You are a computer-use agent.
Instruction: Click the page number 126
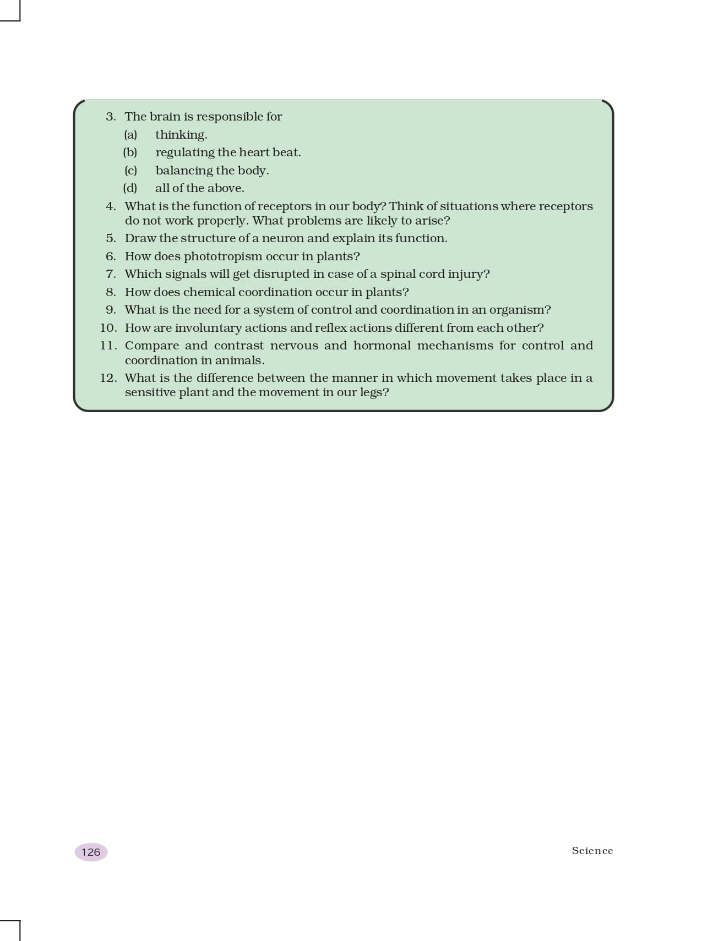click(x=91, y=852)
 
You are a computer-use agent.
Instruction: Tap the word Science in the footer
click(x=592, y=850)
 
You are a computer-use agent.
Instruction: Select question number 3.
click(x=111, y=117)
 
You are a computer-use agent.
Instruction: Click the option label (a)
click(x=130, y=135)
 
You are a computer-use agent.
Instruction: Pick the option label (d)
click(x=130, y=188)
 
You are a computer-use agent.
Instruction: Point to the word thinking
click(x=181, y=135)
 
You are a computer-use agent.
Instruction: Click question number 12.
click(x=108, y=378)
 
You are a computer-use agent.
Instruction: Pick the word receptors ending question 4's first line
click(x=565, y=206)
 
